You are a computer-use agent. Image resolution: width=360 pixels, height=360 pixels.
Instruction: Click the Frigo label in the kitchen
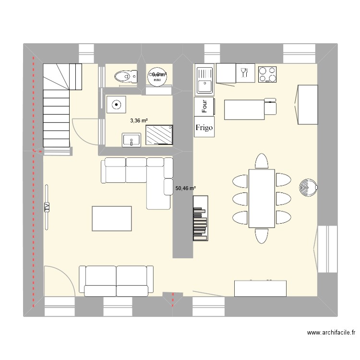(204, 128)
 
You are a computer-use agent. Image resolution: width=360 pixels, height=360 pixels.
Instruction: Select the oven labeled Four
(204, 106)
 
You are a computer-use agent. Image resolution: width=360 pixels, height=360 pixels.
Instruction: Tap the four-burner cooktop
(268, 74)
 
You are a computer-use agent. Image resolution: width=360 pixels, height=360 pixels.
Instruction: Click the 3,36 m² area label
(139, 121)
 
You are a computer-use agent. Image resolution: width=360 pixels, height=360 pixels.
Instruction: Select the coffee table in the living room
(111, 218)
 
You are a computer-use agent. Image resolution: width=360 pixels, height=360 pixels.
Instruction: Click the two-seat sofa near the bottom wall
(116, 280)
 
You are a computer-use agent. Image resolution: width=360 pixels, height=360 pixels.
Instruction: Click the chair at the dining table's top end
(262, 161)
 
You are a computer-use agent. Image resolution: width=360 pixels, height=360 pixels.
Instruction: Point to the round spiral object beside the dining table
(307, 187)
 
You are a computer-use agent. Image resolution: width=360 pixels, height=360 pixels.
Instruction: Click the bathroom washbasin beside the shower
(131, 140)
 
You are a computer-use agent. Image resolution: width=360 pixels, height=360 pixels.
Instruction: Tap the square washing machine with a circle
(116, 104)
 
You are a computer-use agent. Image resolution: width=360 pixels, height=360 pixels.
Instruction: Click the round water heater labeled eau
(158, 76)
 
